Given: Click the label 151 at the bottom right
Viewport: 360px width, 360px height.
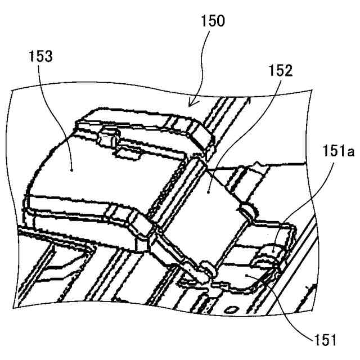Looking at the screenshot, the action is (325, 339).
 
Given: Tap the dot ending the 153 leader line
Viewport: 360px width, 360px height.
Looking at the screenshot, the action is (73, 168).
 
